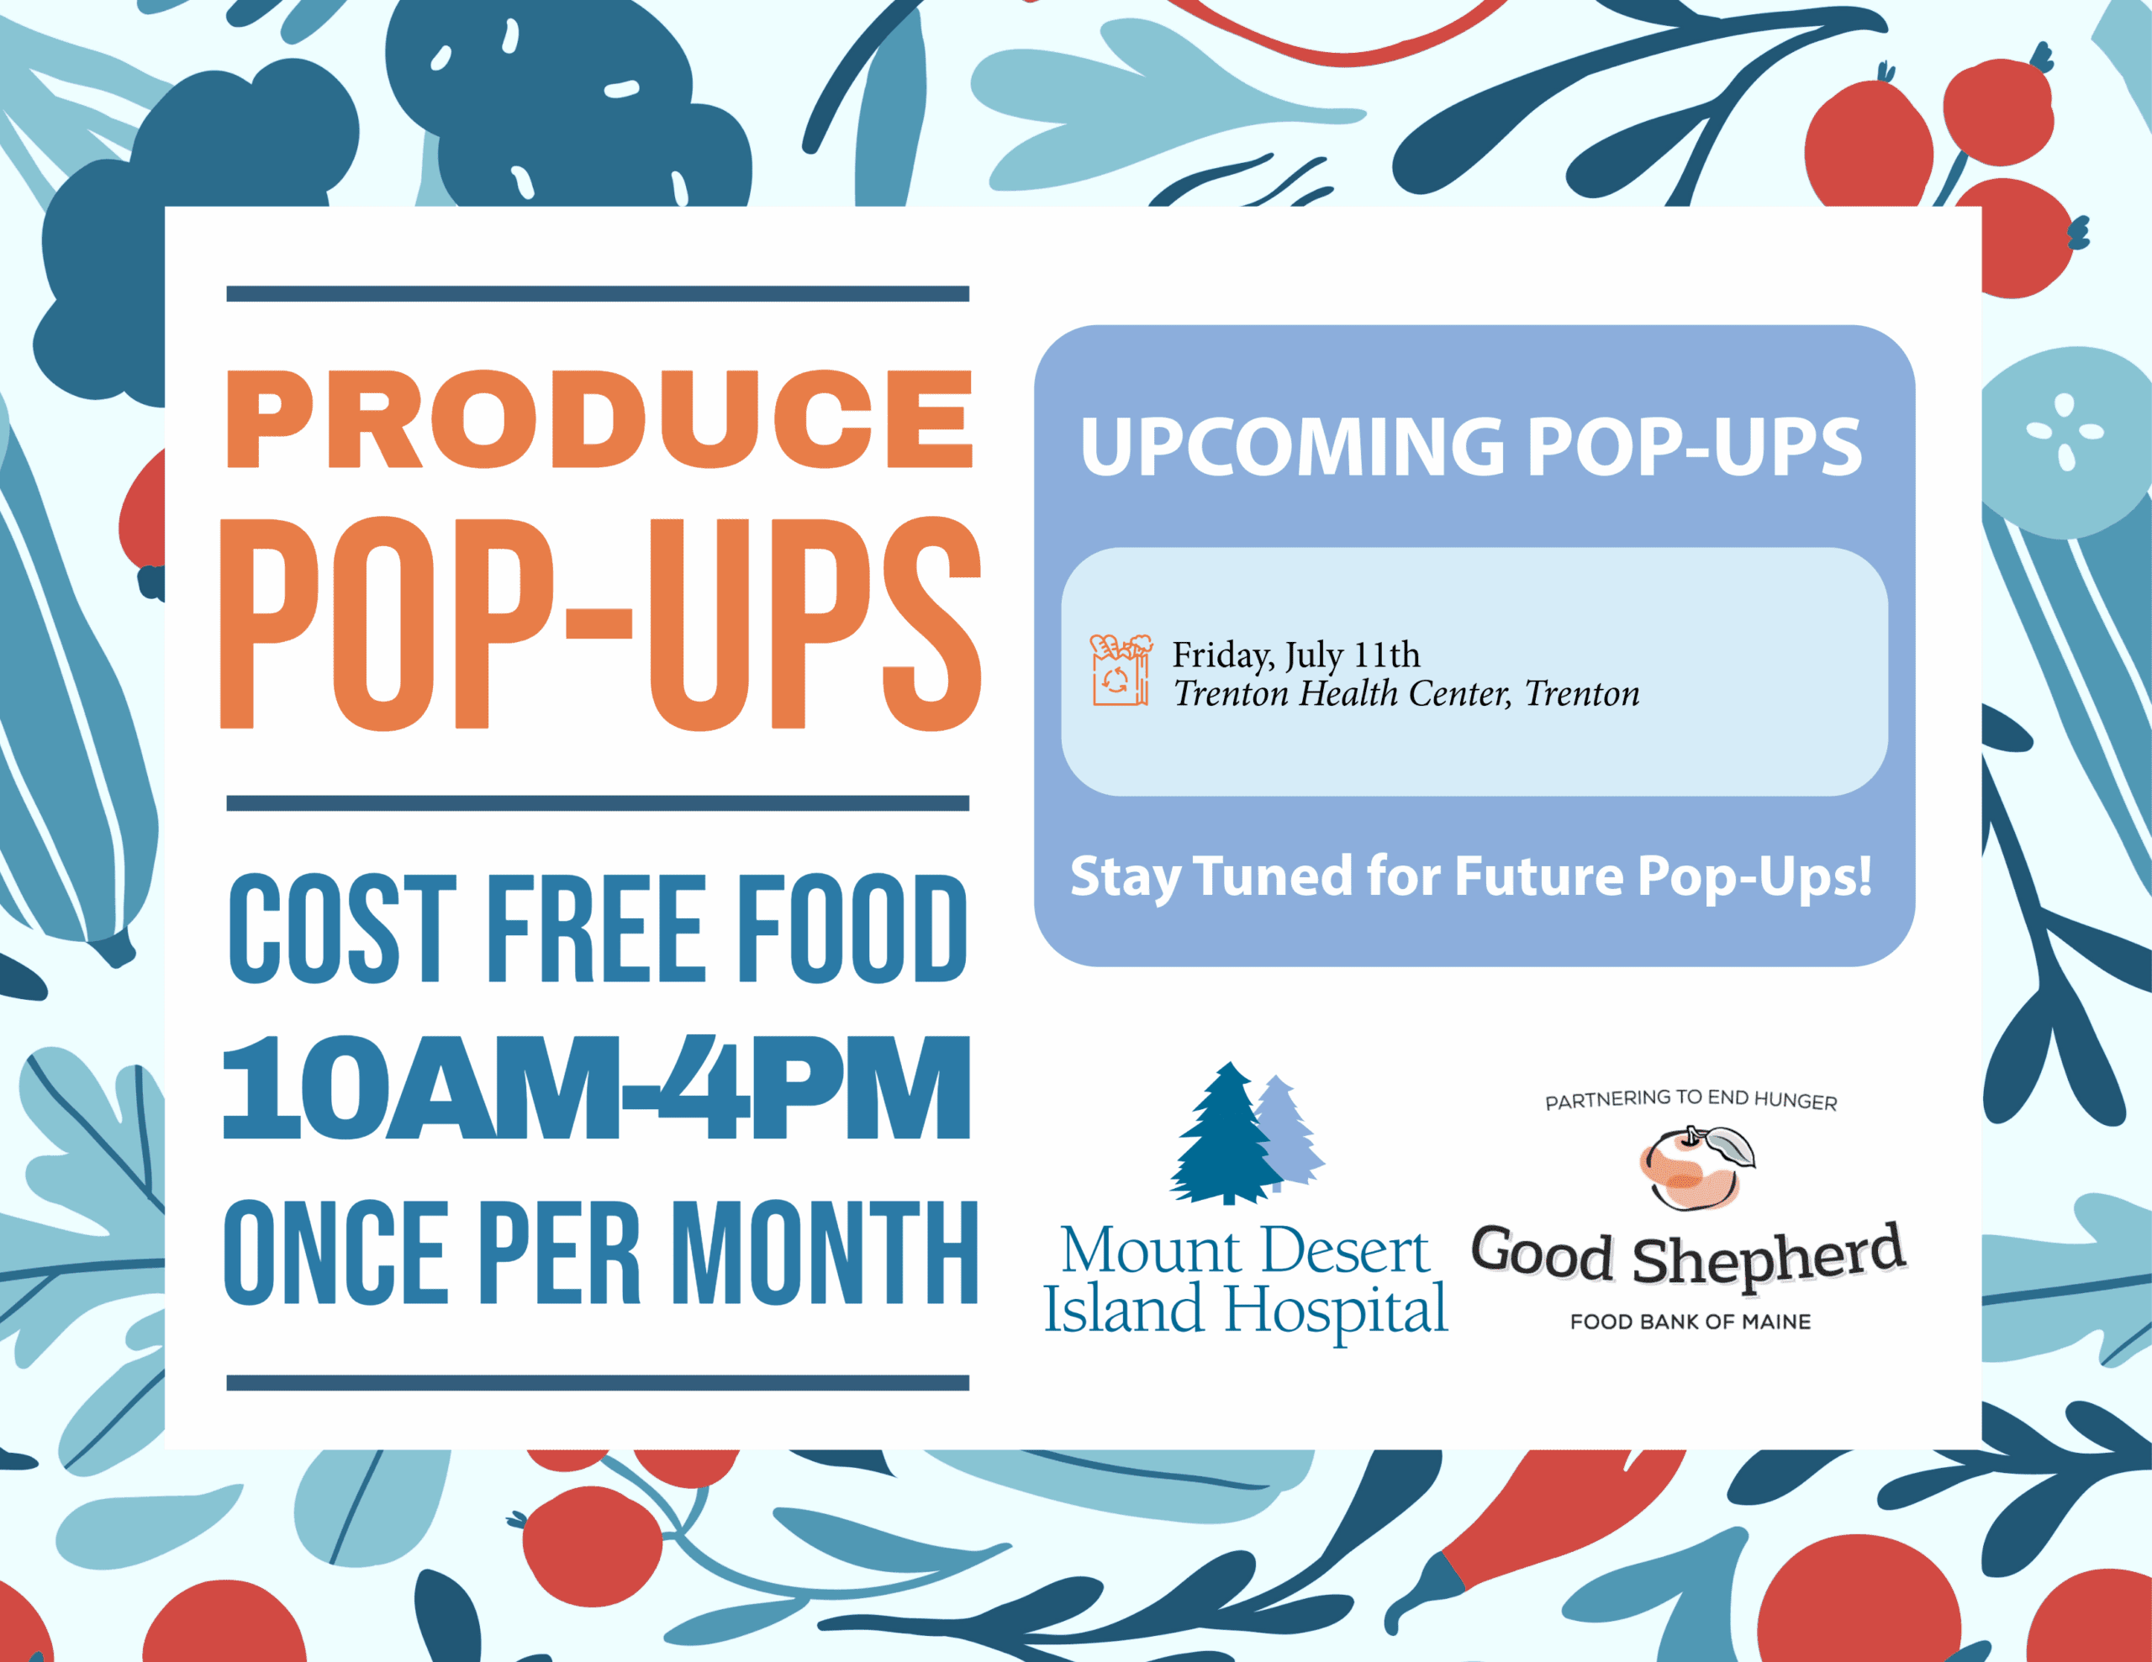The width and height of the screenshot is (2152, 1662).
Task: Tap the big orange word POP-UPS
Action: click(x=600, y=623)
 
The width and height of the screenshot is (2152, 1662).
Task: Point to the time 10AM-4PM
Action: click(x=597, y=1087)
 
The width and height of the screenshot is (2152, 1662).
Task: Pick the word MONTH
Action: click(x=830, y=1252)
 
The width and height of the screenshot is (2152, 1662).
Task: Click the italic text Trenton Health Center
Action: click(x=1341, y=693)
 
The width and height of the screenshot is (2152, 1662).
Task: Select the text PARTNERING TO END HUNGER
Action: click(x=1690, y=1101)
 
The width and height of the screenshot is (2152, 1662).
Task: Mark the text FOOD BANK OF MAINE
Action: click(x=1690, y=1321)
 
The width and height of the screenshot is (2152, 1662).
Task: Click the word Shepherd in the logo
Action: click(x=1769, y=1255)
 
